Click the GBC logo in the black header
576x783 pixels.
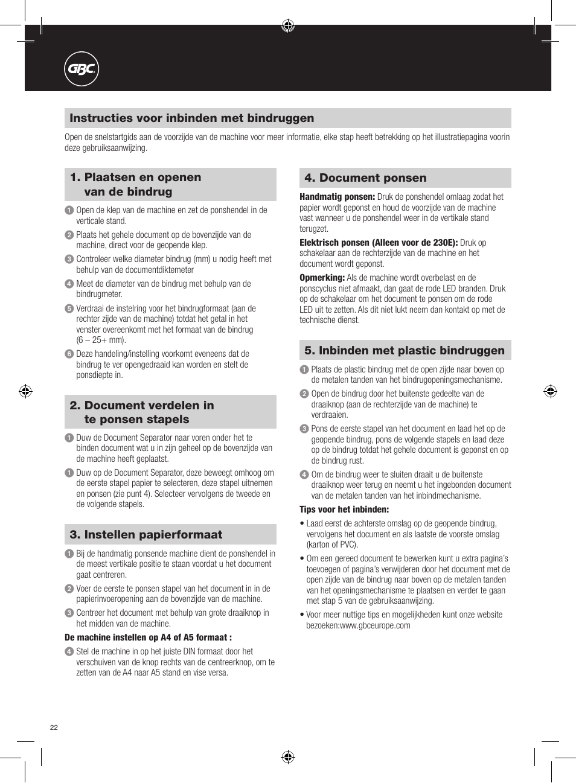coord(82,69)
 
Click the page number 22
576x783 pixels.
coord(54,727)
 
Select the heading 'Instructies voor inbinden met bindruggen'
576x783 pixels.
coord(191,118)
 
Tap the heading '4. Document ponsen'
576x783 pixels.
coord(365,178)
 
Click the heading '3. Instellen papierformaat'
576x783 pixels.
coord(146,535)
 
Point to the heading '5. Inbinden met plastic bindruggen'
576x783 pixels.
coord(404,351)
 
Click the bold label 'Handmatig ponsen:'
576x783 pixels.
coord(337,197)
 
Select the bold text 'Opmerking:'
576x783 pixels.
coord(322,278)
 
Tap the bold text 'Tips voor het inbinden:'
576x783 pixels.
coord(344,510)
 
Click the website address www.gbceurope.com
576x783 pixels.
coord(375,625)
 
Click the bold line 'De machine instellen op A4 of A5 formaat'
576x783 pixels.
coord(148,638)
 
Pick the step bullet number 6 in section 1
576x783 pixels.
coord(69,354)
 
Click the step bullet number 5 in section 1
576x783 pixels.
coord(69,308)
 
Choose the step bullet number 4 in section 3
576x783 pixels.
coord(69,651)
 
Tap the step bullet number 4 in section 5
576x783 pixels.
coord(304,475)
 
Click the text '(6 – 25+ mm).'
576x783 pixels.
coord(101,340)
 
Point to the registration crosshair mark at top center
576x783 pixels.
coord(288,25)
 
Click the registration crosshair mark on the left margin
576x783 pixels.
coord(25,391)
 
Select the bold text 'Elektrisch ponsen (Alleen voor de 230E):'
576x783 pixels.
coord(379,243)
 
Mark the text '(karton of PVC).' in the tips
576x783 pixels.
coord(332,545)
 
